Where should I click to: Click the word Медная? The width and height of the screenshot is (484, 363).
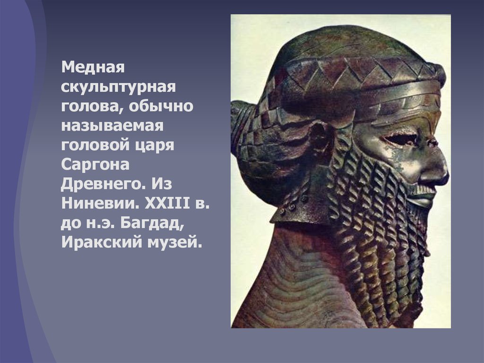93,67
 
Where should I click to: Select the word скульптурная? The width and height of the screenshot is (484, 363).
119,87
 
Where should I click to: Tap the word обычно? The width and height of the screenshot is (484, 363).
161,106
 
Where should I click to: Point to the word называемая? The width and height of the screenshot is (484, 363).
112,126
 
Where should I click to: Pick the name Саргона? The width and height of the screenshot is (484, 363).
95,164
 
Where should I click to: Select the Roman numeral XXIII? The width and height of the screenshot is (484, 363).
167,203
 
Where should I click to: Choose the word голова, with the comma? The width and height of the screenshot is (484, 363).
93,106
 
